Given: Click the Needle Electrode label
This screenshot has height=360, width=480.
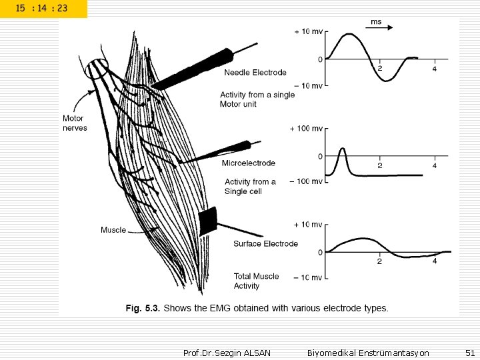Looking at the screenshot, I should coord(255,73).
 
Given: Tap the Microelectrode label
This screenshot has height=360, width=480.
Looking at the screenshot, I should coord(248,163).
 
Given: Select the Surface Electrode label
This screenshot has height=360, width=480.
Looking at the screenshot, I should coord(265,244).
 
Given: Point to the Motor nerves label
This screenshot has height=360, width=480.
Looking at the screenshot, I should coord(75,123).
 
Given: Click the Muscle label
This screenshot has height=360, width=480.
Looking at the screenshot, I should coord(113,230).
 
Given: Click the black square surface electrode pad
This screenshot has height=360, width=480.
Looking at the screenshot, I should coord(208,221).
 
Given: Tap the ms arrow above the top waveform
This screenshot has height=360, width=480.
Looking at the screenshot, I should coord(382,27).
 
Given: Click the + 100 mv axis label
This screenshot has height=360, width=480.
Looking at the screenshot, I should coord(307,128).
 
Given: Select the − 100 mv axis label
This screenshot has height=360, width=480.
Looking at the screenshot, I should coord(307,181).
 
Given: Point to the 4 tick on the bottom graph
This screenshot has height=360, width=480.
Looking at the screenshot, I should coord(435,261).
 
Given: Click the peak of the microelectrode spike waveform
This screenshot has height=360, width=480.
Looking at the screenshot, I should coord(342,149).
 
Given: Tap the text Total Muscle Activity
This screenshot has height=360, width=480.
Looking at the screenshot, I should coord(257,281).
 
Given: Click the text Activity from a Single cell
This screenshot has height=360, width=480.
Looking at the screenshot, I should coord(250,187).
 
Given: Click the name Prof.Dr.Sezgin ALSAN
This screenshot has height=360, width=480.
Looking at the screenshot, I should coord(227,352).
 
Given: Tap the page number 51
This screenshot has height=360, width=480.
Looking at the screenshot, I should coord(469,352).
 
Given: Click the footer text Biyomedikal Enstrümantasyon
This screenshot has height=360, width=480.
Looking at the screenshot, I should coord(368,352).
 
